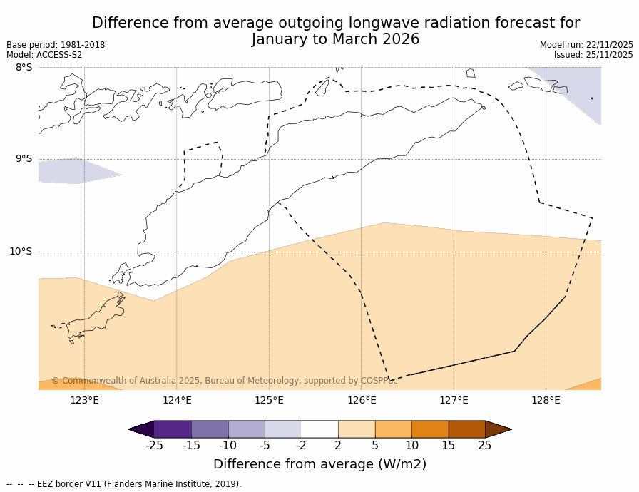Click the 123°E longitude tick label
click(x=84, y=400)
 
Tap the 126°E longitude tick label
click(x=362, y=400)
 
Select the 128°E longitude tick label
click(x=546, y=400)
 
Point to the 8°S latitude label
click(x=24, y=68)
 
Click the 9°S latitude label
click(x=24, y=159)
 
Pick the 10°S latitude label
click(x=21, y=251)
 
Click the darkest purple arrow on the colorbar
click(x=141, y=429)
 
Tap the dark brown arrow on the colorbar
click(x=498, y=429)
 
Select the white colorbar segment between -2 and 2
click(x=319, y=429)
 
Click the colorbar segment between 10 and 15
click(x=430, y=429)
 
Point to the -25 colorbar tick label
click(x=154, y=446)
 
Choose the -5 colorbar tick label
click(x=265, y=446)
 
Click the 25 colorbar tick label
click(x=485, y=446)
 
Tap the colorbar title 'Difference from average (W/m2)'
click(x=319, y=464)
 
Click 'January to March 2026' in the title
click(x=336, y=40)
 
